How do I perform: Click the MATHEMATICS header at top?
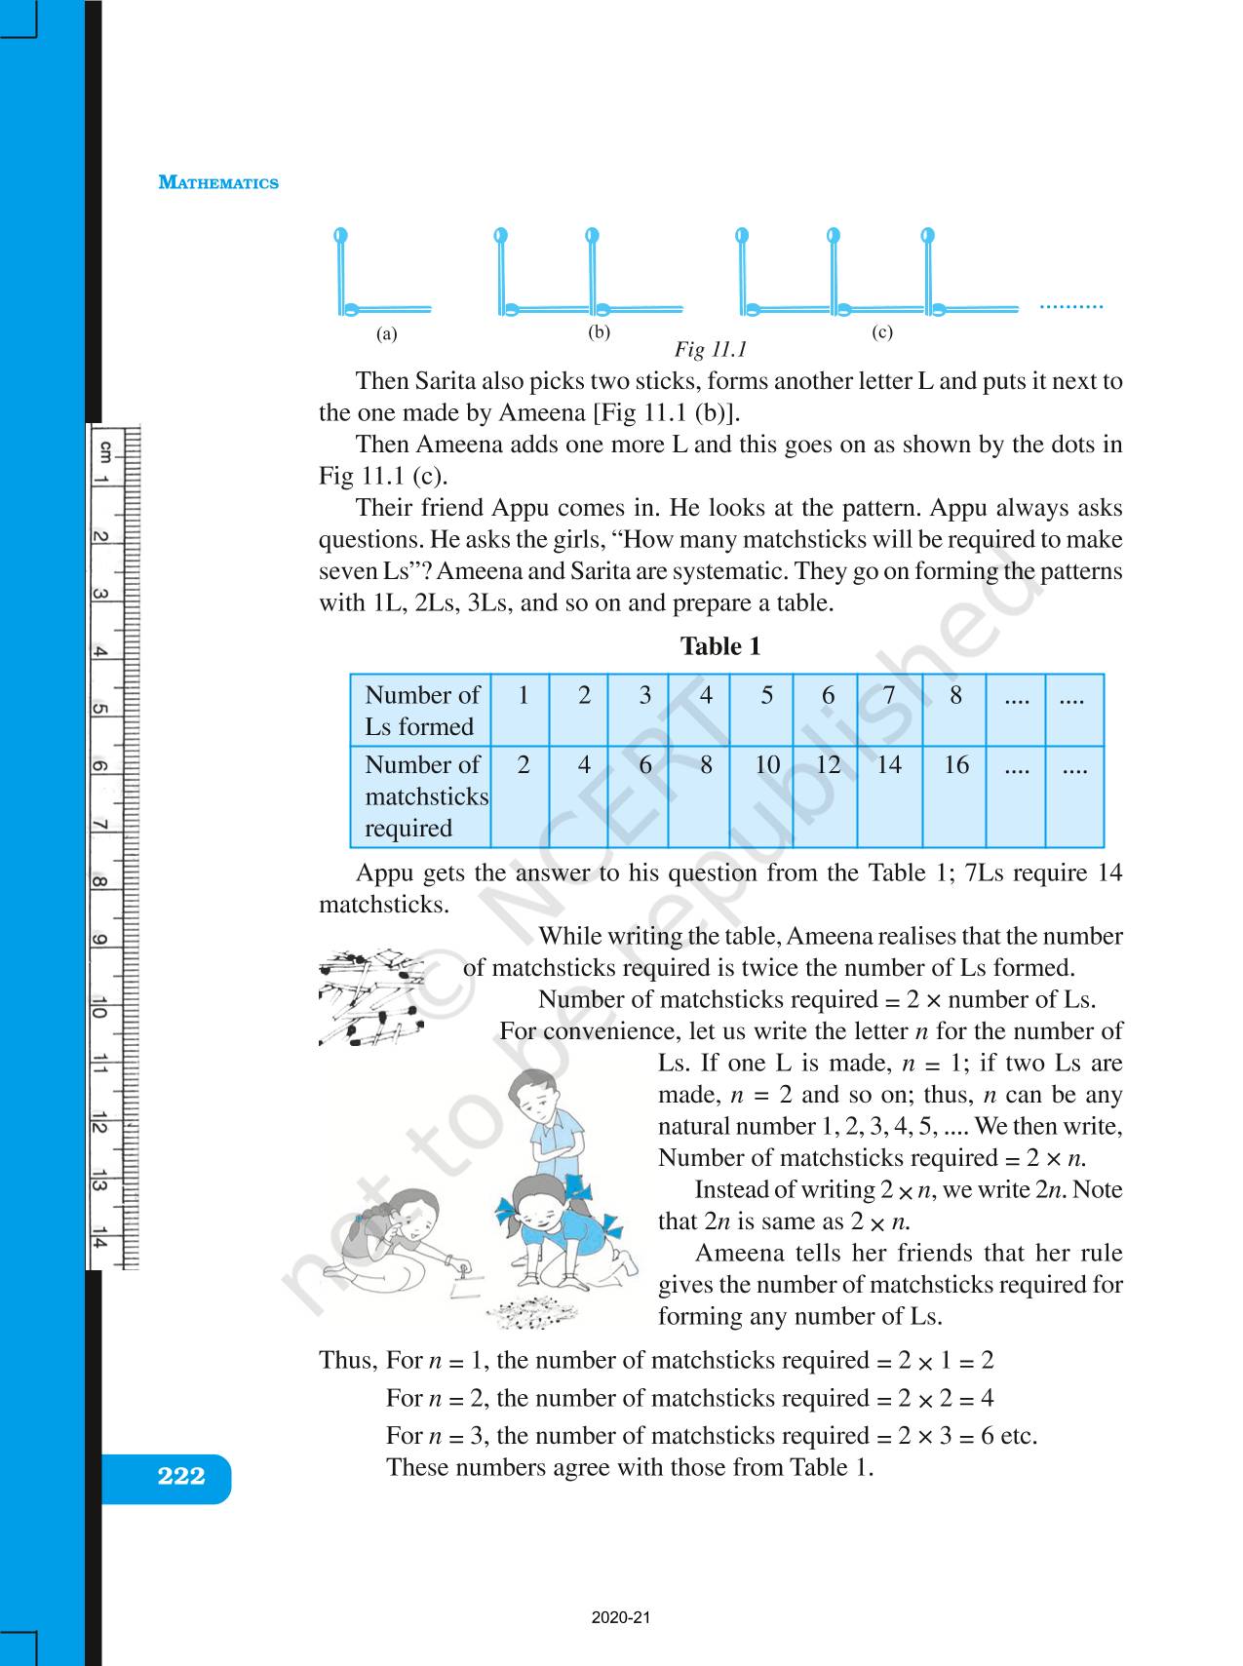pos(218,182)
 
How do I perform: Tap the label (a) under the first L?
pos(387,333)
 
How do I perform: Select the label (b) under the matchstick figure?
pos(599,331)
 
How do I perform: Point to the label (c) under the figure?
pos(881,331)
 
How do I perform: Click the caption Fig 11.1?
pos(710,349)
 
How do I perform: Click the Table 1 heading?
pos(719,646)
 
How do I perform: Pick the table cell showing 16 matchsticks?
pos(955,765)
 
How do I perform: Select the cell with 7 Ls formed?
pos(888,695)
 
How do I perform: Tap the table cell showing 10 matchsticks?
pos(767,765)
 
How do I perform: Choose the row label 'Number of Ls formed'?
pos(421,710)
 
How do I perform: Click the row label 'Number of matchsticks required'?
pos(425,795)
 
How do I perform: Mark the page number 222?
pos(180,1476)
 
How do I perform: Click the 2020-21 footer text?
pos(620,1618)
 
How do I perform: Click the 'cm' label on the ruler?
pos(104,450)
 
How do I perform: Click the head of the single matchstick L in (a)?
pos(340,235)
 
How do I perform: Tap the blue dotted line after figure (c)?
pos(1070,307)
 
